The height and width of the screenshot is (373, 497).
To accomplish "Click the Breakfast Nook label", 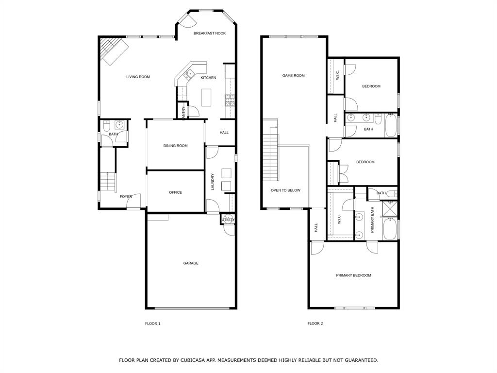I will pos(210,34).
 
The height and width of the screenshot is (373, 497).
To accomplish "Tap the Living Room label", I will pos(138,77).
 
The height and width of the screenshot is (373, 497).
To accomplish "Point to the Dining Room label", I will pos(175,146).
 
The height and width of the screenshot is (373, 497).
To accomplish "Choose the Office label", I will pos(175,192).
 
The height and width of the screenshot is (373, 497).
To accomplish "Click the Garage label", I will pos(191,263).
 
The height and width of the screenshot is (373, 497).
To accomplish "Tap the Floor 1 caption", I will pos(152,323).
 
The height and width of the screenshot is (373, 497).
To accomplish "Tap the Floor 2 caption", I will pos(315,323).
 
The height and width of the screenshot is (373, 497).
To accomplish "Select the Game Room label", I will pos(294,76).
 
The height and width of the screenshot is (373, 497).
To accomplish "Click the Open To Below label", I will pos(285,190).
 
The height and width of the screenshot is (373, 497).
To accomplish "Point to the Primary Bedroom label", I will pos(353,275).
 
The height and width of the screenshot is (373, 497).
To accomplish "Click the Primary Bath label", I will pos(373,220).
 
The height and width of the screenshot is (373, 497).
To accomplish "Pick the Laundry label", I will pos(213,182).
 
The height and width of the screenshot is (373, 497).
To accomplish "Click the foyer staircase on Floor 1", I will pos(109,182).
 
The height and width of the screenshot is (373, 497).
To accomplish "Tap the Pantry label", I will pos(183,113).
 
